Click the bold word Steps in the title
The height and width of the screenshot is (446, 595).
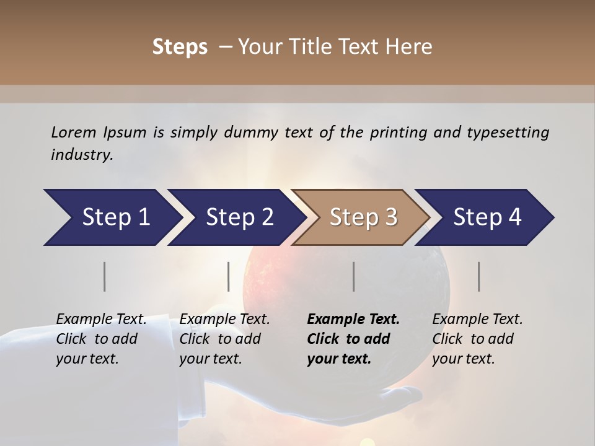pos(180,47)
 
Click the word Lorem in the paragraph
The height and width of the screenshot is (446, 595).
pos(74,132)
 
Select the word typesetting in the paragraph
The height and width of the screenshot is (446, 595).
pos(508,132)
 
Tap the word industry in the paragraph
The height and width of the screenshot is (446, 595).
pos(81,154)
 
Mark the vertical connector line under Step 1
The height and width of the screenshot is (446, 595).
pos(105,276)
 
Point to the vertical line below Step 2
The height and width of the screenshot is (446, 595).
pos(229,276)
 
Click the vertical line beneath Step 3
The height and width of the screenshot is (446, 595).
pos(354,276)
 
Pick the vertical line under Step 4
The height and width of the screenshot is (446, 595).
pos(479,276)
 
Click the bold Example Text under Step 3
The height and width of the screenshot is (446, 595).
pos(353,320)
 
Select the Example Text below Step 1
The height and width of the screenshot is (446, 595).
pos(101,320)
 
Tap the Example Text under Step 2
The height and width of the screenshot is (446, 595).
pos(224,320)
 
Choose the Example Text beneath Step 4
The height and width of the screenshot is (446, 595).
pos(477,320)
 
